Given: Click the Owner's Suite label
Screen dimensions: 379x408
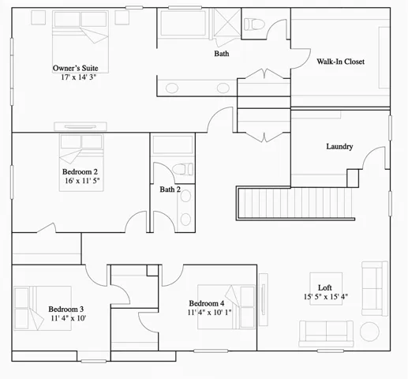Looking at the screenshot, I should click(75, 69).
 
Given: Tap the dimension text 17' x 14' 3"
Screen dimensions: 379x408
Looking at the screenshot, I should click(75, 77).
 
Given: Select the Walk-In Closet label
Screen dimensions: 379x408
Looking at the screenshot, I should click(341, 62).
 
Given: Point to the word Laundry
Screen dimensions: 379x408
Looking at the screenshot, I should click(339, 147).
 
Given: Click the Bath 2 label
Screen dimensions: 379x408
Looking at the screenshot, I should click(170, 189).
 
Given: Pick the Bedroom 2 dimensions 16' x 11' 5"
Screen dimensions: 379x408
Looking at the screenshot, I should click(82, 181).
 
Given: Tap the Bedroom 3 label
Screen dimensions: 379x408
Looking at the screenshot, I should click(66, 310).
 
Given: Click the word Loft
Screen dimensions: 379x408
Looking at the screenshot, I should click(324, 287).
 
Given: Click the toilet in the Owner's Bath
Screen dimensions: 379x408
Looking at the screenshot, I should click(255, 24).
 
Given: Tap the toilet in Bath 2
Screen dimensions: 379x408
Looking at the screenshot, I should click(182, 169).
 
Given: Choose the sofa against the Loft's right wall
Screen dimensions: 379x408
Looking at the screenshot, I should click(374, 289).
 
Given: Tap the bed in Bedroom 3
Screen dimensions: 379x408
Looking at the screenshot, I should click(32, 308).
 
